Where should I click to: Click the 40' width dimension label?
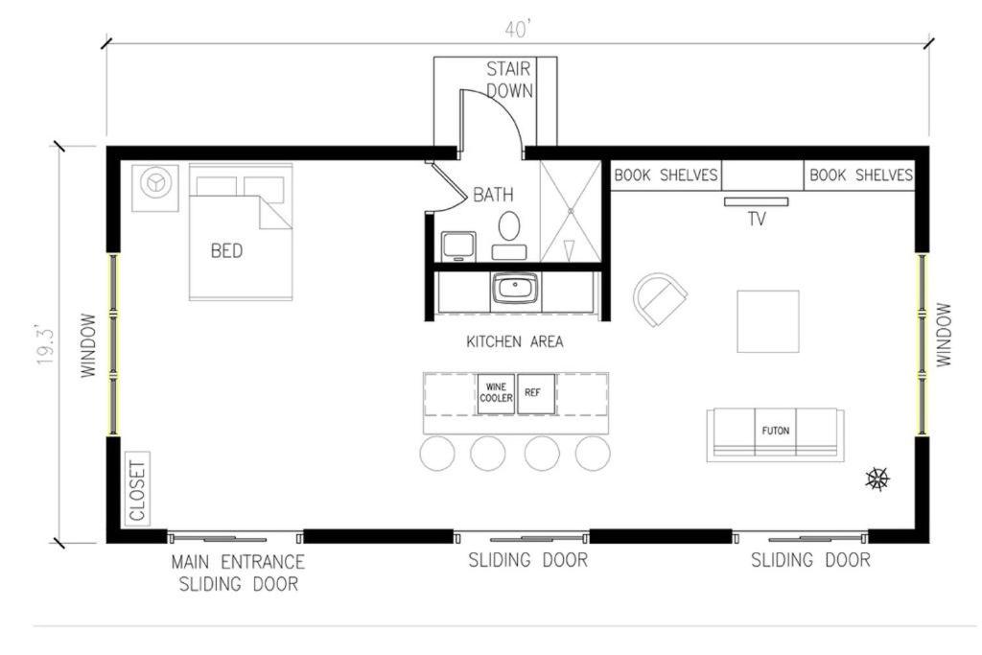pyautogui.click(x=518, y=30)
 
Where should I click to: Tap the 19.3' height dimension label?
pyautogui.click(x=46, y=345)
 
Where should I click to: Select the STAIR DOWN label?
pyautogui.click(x=510, y=80)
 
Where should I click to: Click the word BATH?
pyautogui.click(x=493, y=195)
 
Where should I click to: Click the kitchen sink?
pyautogui.click(x=515, y=289)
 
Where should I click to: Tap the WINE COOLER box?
pyautogui.click(x=496, y=394)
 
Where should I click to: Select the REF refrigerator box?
pyautogui.click(x=535, y=394)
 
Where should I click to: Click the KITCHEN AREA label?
pyautogui.click(x=515, y=342)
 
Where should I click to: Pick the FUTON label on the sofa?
pyautogui.click(x=775, y=431)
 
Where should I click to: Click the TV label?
pyautogui.click(x=757, y=219)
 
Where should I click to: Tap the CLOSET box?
pyautogui.click(x=138, y=489)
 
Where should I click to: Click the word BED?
pyautogui.click(x=226, y=251)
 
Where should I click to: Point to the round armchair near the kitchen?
pyautogui.click(x=660, y=298)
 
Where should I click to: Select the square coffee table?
pyautogui.click(x=768, y=321)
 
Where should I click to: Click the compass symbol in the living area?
pyautogui.click(x=877, y=480)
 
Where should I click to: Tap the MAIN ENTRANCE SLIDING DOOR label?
pyautogui.click(x=238, y=573)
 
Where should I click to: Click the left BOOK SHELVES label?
pyautogui.click(x=666, y=175)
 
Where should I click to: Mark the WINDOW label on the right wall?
pyautogui.click(x=944, y=335)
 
